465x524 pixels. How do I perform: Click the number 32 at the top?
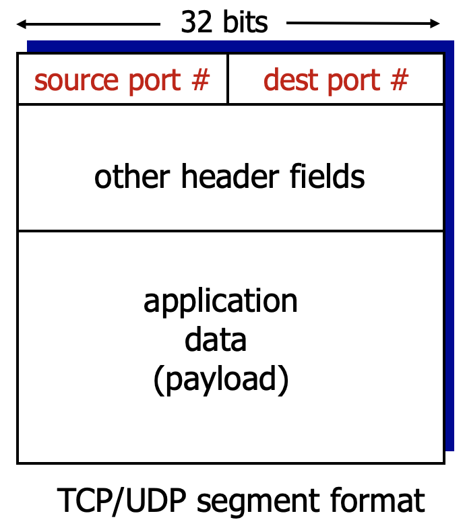point(196,22)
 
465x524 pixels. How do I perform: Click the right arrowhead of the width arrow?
point(436,25)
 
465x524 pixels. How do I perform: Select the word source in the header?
point(71,80)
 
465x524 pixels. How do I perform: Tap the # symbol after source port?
point(200,80)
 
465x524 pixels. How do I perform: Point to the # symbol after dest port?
point(399,80)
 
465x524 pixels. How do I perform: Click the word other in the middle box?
point(133,176)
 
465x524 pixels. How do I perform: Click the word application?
point(220,302)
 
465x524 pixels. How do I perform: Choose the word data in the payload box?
point(216,340)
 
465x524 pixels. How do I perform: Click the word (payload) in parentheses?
point(221,381)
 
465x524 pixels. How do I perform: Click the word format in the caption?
point(383,501)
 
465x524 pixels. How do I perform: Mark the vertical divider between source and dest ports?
point(228,79)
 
